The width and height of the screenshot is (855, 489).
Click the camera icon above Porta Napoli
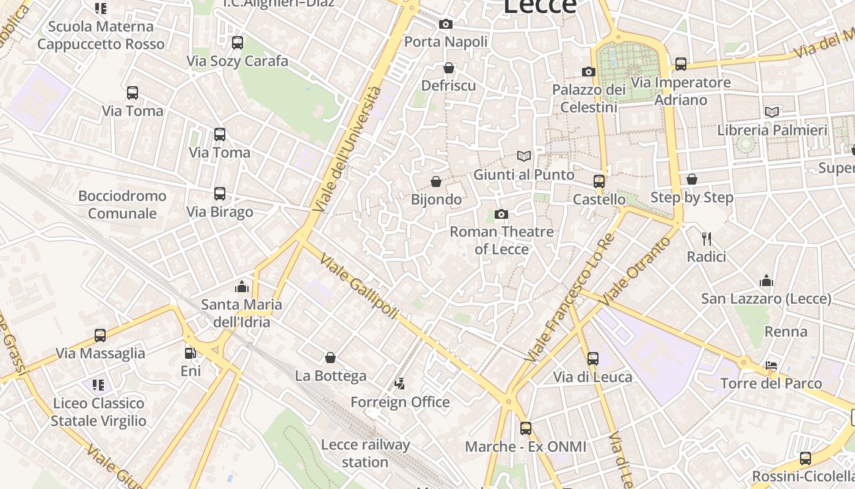[446, 24]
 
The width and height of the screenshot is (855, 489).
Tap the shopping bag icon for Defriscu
[449, 68]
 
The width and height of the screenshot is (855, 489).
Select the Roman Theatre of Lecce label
[501, 240]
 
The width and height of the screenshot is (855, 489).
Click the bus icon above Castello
[599, 182]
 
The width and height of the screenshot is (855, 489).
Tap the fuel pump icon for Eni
[191, 353]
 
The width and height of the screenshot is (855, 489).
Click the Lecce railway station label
[365, 453]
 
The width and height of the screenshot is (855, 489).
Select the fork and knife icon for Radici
[707, 238]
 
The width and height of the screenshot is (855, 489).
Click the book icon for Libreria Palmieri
[772, 112]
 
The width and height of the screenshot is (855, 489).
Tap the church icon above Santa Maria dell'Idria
[242, 287]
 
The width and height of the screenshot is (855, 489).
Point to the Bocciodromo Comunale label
[122, 205]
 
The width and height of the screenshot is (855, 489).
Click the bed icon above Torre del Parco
[771, 366]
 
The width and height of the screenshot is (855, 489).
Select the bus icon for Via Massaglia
[100, 336]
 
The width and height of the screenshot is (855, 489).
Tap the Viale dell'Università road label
[347, 150]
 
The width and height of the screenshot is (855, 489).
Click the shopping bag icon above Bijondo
[436, 182]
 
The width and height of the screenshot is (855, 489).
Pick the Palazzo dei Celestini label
[589, 98]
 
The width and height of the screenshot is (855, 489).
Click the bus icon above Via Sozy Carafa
[238, 43]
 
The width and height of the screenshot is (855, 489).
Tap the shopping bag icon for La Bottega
[330, 358]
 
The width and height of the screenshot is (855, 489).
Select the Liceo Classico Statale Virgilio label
[98, 412]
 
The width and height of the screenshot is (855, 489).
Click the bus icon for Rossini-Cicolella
[806, 458]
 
